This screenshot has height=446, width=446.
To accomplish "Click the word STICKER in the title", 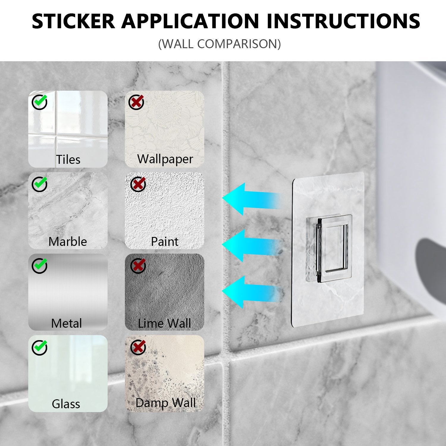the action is click(73, 21).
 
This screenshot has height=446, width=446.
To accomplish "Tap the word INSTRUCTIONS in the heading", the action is click(343, 21).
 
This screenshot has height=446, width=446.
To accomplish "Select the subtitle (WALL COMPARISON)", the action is click(219, 44).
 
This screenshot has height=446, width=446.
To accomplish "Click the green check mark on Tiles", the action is click(40, 102).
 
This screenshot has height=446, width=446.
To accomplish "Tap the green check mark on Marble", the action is click(40, 184).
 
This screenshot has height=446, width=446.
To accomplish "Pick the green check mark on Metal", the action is click(40, 266).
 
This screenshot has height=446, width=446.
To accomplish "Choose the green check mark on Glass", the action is click(40, 347).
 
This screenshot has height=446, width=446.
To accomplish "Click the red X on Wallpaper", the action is click(136, 102).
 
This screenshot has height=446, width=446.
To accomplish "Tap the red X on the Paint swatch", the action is click(138, 184).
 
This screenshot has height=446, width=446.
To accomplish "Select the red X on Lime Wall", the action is click(138, 266).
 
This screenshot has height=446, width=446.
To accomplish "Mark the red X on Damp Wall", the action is click(138, 347).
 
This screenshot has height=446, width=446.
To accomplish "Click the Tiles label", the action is click(68, 160).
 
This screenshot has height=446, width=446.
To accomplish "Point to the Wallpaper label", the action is click(165, 159).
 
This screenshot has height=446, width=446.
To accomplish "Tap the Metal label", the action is click(66, 323).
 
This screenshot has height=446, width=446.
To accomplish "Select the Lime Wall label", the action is click(164, 323).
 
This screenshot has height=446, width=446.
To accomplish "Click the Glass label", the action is click(66, 404).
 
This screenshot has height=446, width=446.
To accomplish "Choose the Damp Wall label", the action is click(166, 403).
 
